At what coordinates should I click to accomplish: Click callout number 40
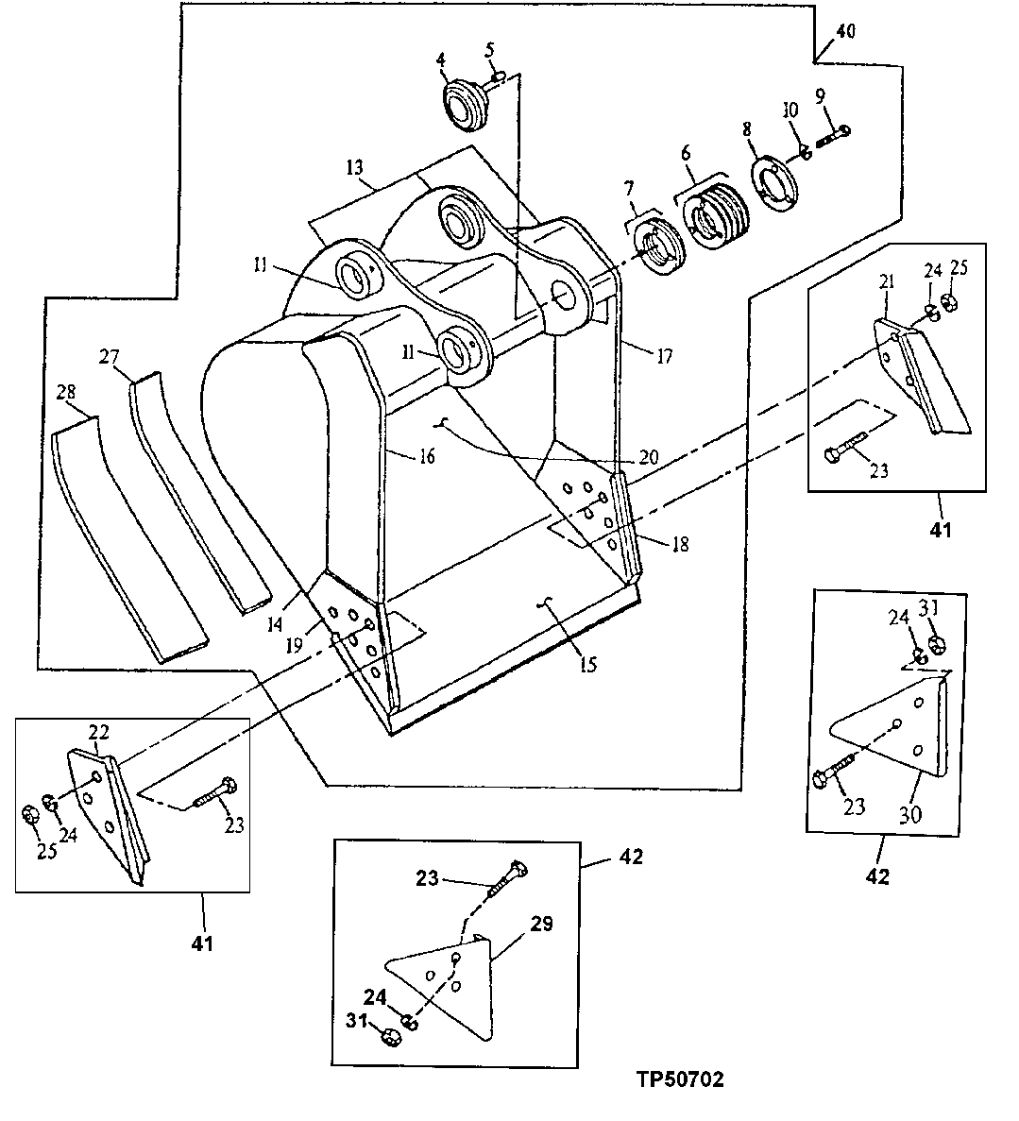tap(844, 31)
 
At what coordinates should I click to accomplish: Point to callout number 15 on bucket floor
tap(587, 665)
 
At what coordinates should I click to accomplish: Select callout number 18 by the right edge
tap(679, 545)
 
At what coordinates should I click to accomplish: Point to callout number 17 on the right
tap(665, 356)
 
